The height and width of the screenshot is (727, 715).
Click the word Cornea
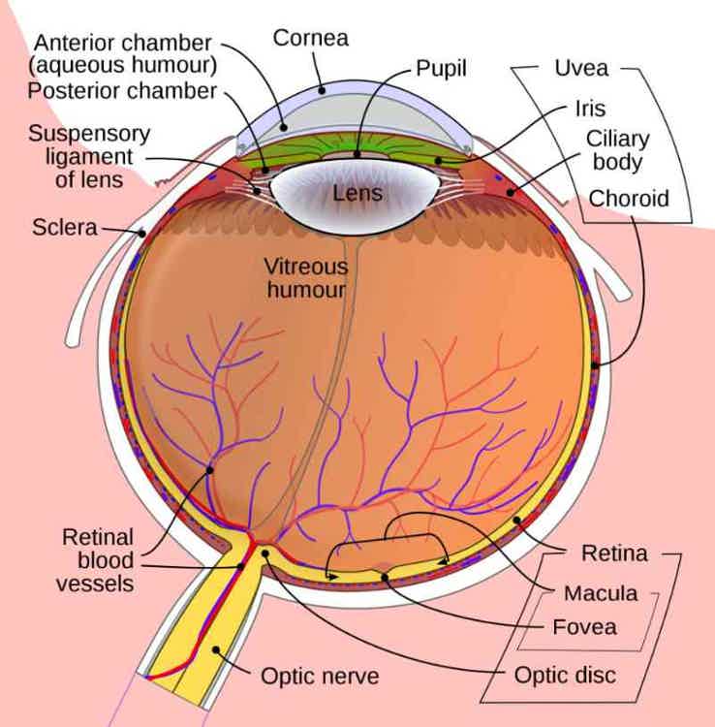(310, 38)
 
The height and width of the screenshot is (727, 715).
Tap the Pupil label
(441, 69)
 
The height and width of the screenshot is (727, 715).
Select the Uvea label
(581, 68)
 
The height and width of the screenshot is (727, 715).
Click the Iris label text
(590, 109)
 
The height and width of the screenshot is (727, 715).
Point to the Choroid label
(629, 199)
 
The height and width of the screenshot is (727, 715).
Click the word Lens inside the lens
(357, 193)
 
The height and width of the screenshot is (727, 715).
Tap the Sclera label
(65, 228)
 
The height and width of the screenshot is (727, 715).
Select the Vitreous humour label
(306, 278)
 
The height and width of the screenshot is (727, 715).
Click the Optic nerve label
(320, 676)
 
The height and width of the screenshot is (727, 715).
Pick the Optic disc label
(566, 675)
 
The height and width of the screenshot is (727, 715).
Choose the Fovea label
(585, 627)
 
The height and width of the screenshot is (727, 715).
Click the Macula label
(601, 593)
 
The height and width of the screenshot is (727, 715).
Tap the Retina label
(614, 553)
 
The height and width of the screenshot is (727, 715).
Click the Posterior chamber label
(122, 91)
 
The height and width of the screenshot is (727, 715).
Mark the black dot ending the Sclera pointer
(141, 234)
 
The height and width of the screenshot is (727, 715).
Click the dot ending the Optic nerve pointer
(216, 649)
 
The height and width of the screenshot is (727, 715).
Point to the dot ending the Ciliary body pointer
(511, 193)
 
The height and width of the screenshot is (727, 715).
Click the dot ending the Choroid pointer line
(595, 365)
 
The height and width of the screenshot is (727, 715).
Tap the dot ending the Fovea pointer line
(385, 578)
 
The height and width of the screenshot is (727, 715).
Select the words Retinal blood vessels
(96, 560)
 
